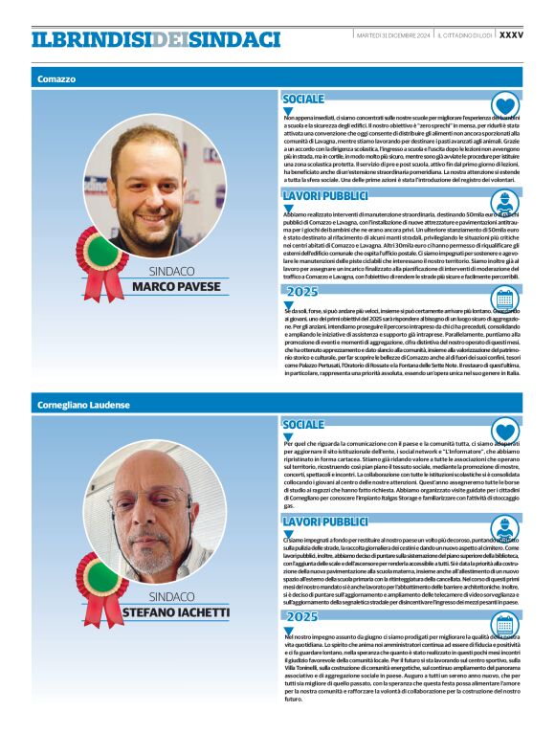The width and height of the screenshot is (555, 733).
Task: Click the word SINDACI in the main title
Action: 234,39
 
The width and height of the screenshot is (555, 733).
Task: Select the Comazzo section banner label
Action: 56,78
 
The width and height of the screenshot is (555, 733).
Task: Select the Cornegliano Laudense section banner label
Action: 83,405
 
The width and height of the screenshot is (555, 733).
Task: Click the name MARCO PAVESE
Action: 176,286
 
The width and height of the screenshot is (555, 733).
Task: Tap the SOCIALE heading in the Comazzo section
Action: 303,100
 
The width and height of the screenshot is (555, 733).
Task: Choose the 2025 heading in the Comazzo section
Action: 302,292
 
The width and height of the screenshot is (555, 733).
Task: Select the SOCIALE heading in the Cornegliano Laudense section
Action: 303,424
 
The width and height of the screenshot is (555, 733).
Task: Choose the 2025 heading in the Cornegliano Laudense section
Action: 302,617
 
